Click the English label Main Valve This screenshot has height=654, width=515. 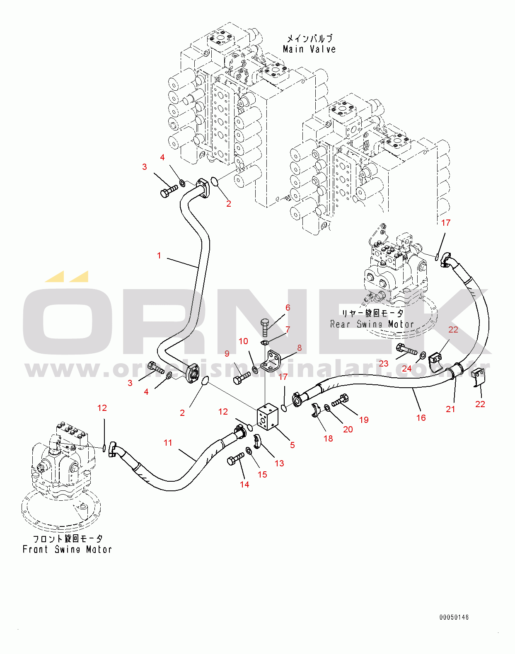(309, 49)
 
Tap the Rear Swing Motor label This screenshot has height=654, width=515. (372, 324)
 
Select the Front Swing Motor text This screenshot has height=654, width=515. (67, 550)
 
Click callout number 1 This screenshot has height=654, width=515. (159, 256)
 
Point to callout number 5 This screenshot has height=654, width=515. (293, 445)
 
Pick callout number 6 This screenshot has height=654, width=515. (288, 307)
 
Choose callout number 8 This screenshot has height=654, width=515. (299, 348)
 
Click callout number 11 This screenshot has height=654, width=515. (168, 443)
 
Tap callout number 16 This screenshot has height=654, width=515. (421, 417)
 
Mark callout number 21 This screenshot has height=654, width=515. (450, 409)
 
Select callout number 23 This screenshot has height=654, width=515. (384, 363)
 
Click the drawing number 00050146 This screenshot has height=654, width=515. (454, 617)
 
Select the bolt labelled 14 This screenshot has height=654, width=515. (235, 459)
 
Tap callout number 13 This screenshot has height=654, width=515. (279, 463)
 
